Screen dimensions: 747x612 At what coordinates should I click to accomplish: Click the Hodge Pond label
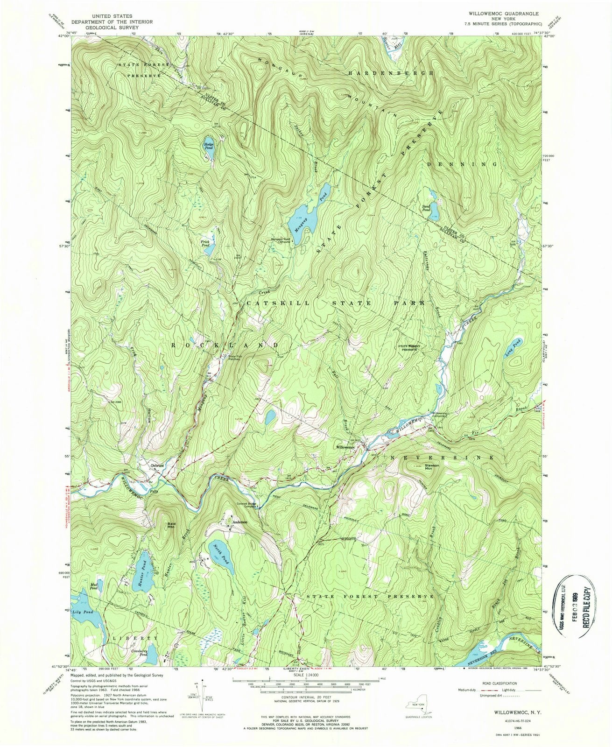coord(208,145)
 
